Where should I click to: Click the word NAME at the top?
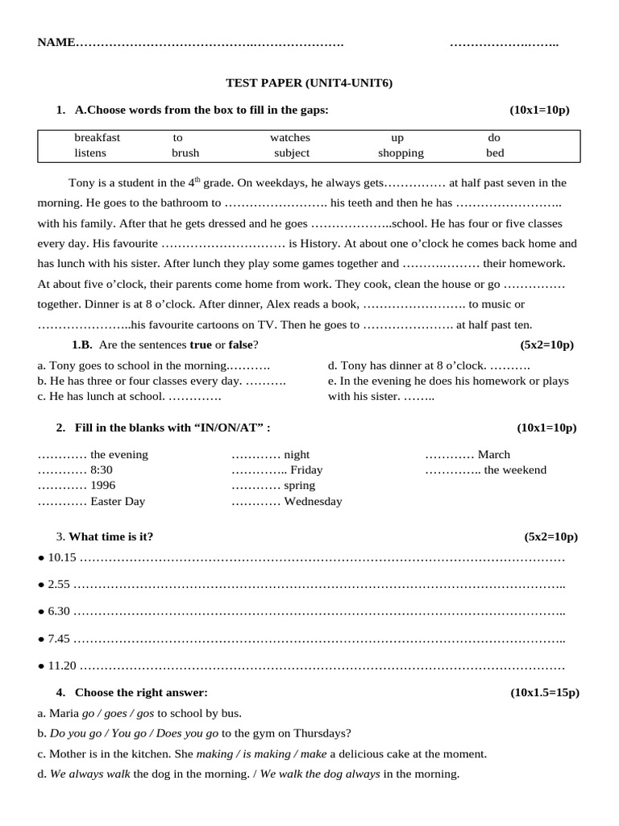click(56, 42)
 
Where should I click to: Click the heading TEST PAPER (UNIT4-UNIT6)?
click(309, 83)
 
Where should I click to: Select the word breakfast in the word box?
click(97, 138)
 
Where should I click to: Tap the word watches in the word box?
click(289, 138)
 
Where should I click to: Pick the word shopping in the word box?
click(401, 152)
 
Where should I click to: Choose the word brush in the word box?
click(185, 152)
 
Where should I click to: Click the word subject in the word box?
click(291, 152)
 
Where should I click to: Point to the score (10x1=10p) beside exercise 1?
click(539, 110)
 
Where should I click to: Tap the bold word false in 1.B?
click(239, 344)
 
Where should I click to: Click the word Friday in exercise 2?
click(306, 469)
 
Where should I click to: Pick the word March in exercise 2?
click(493, 454)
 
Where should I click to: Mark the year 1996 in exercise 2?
click(103, 486)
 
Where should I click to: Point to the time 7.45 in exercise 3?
click(60, 639)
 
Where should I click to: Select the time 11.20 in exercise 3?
click(62, 666)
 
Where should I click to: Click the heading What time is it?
click(111, 536)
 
